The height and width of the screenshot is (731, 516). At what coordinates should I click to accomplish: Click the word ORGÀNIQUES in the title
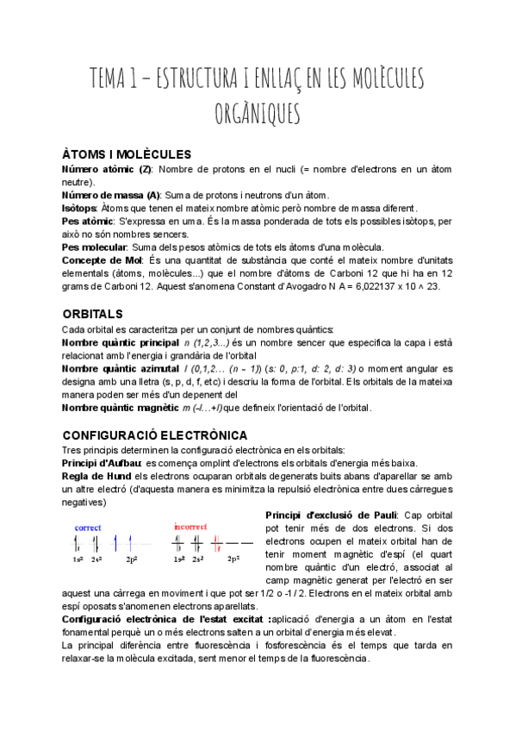coord(258,112)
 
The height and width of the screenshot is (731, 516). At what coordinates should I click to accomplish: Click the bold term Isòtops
coord(78,208)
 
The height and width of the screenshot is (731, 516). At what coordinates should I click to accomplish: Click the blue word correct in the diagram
coord(88,527)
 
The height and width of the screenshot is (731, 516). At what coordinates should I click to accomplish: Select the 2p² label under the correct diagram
coord(131,559)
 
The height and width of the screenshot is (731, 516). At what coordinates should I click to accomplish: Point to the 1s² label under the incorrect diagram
coord(178,559)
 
